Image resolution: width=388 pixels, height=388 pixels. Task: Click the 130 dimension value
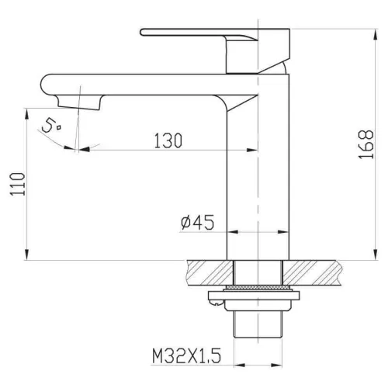[168, 140]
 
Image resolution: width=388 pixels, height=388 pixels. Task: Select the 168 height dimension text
[366, 144]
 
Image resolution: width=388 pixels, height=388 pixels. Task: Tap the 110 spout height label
[18, 184]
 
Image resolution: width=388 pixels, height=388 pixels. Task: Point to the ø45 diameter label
[198, 222]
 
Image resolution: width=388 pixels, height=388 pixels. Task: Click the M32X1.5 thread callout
[186, 356]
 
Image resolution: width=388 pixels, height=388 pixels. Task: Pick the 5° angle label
[51, 126]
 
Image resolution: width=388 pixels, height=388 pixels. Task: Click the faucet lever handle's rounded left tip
[142, 33]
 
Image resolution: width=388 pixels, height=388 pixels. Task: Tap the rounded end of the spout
[44, 85]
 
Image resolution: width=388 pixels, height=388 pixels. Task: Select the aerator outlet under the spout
[78, 102]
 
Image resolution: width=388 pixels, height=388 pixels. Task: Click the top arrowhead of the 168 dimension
[376, 35]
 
